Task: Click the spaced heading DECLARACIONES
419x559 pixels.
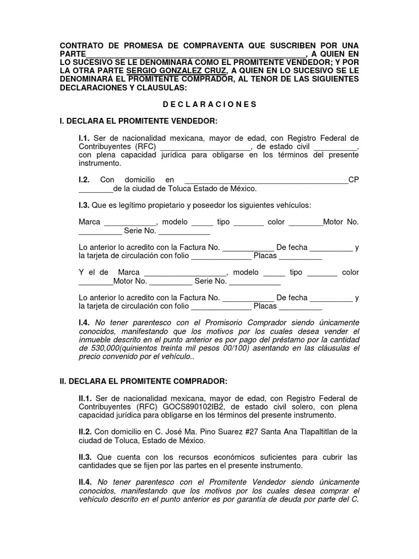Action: click(209, 104)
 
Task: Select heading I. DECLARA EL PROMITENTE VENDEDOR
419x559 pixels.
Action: click(139, 120)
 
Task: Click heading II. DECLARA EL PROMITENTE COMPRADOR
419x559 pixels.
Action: click(143, 381)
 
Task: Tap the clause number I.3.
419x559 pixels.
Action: click(84, 205)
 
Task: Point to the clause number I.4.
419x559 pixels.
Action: click(84, 323)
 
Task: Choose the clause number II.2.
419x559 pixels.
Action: click(86, 431)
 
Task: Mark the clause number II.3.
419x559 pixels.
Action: click(86, 456)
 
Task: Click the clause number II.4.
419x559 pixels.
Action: click(86, 481)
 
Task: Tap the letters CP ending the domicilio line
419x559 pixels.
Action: click(354, 180)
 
